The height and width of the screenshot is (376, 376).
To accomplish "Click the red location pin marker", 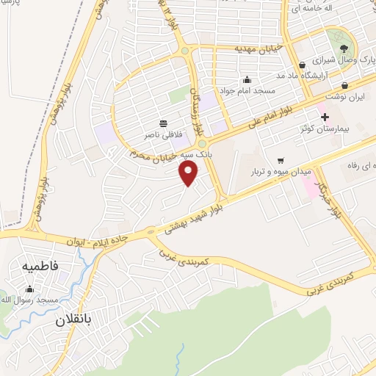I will (189, 173).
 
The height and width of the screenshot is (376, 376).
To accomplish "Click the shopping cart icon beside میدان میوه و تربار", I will (281, 160).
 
